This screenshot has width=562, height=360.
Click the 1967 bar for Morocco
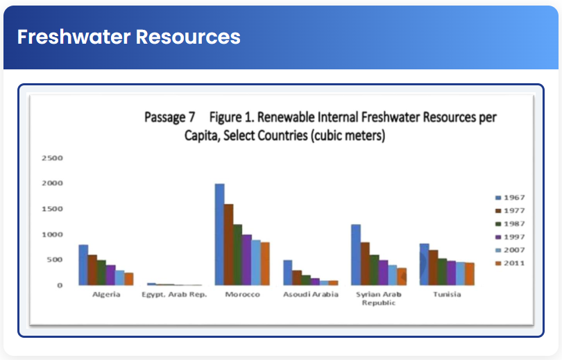click(219, 234)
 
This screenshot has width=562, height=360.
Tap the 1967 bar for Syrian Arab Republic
click(355, 255)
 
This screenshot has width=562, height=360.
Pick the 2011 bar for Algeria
click(128, 279)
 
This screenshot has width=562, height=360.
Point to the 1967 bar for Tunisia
click(424, 264)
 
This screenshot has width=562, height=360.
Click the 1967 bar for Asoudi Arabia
click(287, 273)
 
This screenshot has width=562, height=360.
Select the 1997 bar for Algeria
click(110, 275)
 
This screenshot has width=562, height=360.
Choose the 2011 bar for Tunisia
click(469, 274)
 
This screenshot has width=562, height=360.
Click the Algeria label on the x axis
click(106, 295)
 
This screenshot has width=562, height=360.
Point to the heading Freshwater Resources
click(129, 37)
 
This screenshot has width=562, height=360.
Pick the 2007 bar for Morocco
click(255, 262)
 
